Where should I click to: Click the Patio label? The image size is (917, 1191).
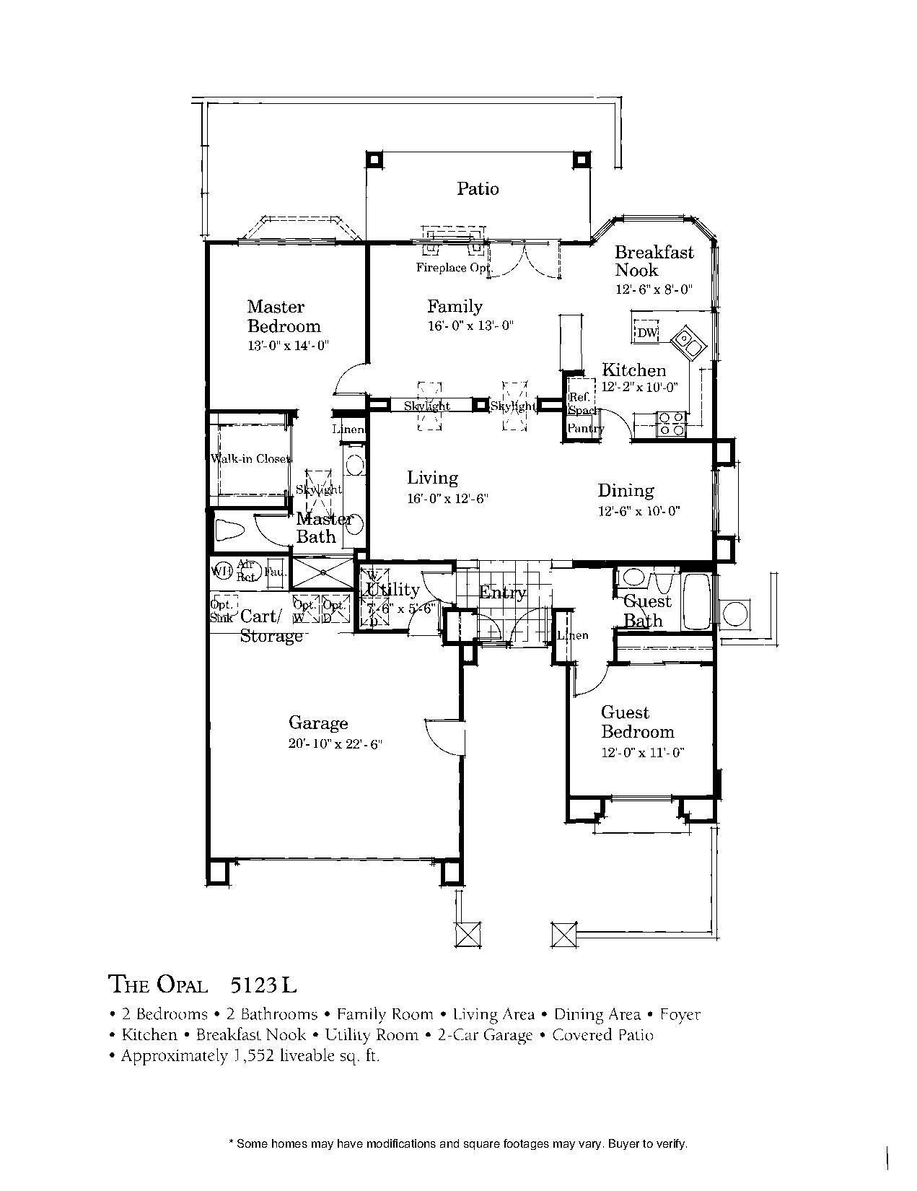478,189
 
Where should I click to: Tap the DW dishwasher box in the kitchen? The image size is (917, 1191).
646,333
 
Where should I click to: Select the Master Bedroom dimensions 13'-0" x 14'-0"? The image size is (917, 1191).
288,345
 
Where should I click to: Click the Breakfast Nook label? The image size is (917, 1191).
653,261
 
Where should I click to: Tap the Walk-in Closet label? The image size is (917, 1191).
250,459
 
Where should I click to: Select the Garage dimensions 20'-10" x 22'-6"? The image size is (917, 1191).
334,743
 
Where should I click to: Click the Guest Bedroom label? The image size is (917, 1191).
637,722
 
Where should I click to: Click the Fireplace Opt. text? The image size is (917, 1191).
452,268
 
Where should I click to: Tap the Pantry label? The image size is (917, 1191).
584,429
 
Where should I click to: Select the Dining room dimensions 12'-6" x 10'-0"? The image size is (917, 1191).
639,511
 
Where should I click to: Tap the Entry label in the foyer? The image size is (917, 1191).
503,593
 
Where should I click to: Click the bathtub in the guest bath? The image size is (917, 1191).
698,601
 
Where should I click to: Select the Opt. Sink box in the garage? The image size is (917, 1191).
221,610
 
